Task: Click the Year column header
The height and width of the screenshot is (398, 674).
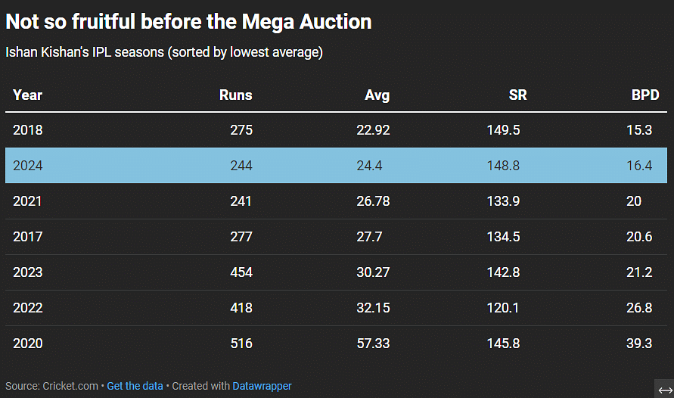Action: [28, 95]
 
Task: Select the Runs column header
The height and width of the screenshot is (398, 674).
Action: [235, 95]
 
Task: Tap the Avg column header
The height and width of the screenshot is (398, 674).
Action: [377, 95]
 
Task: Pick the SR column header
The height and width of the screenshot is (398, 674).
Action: [517, 95]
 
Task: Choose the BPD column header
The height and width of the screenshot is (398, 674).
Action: [645, 95]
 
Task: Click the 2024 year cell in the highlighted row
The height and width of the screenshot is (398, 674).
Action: [28, 166]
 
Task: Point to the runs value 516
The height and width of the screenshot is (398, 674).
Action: [241, 344]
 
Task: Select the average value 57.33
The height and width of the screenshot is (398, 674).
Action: [373, 344]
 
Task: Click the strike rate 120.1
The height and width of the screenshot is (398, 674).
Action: [503, 308]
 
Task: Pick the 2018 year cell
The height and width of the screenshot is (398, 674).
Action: [28, 130]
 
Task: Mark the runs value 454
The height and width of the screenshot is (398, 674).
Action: [241, 272]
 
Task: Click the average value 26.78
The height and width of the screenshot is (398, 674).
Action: [373, 201]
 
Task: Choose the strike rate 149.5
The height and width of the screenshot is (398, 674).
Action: [503, 130]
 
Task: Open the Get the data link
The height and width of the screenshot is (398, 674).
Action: [135, 386]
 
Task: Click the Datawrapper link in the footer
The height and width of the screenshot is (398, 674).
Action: [262, 386]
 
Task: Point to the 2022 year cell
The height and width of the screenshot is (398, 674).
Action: [28, 308]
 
